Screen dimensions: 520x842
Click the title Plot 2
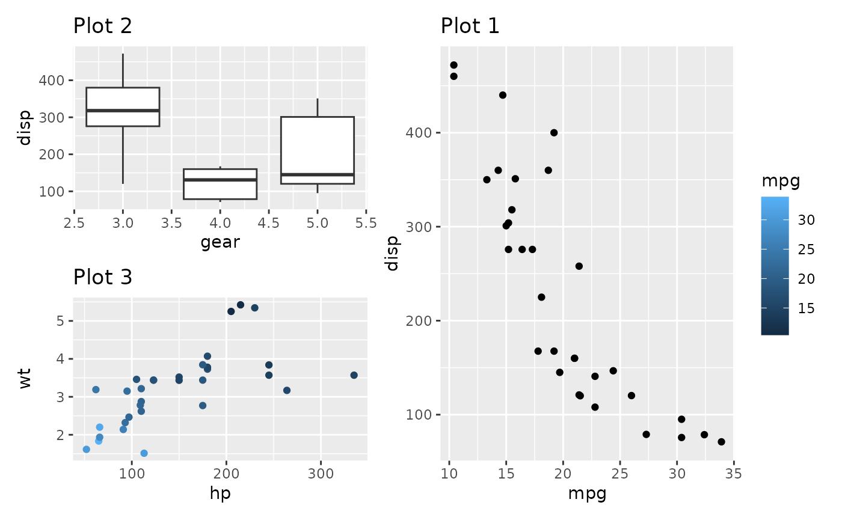click(102, 26)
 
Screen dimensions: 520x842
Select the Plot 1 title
click(470, 26)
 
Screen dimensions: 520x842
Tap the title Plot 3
click(102, 277)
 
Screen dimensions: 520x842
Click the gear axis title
click(220, 242)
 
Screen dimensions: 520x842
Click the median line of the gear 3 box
click(123, 111)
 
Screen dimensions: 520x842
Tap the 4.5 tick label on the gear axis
click(268, 223)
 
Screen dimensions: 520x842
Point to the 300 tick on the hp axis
click(321, 473)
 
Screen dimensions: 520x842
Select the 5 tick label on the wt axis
click(61, 321)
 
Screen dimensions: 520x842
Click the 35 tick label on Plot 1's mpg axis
click(733, 473)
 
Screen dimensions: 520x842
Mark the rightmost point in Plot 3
click(354, 375)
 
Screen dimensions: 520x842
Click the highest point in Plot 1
click(453, 65)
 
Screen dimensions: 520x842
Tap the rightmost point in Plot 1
click(721, 442)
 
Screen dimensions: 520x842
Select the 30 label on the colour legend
click(806, 221)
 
